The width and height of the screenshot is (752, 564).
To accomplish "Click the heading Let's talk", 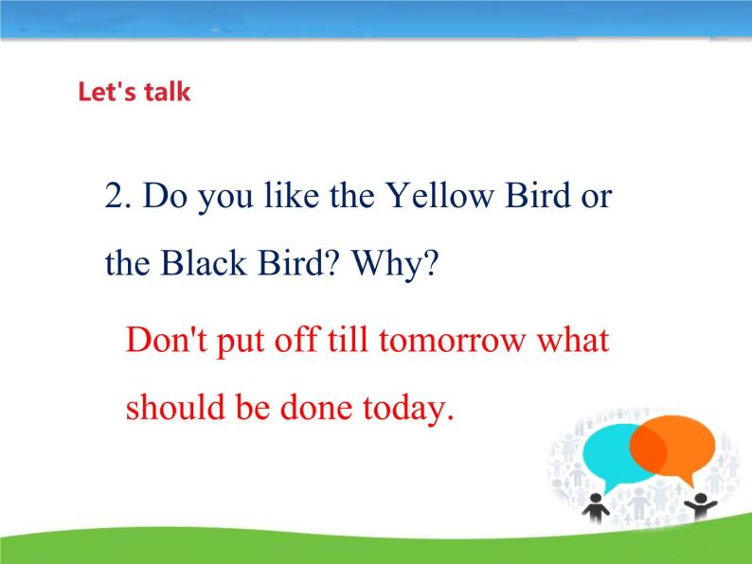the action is point(134,92).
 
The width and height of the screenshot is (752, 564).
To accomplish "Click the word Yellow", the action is point(439,195).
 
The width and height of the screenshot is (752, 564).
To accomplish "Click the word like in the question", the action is point(292,195).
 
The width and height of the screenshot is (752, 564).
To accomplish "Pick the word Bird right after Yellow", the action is point(538,195).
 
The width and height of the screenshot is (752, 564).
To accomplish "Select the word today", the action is point(408,409).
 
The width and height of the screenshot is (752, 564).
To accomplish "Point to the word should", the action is point(175,407).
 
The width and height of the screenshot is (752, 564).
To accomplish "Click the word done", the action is point(316,407).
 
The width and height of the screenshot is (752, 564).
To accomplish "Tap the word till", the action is point(348,340).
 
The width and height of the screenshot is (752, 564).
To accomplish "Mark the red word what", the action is point(573,340).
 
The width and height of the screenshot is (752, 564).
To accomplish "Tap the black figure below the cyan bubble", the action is point(595,507).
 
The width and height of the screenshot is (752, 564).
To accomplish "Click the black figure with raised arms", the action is point(701,505).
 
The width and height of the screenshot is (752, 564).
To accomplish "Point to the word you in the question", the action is point(225,198).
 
